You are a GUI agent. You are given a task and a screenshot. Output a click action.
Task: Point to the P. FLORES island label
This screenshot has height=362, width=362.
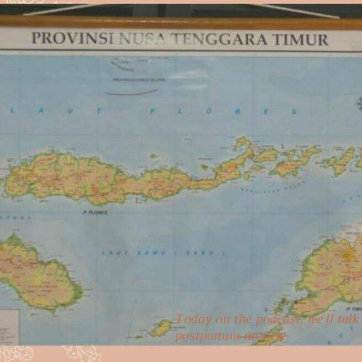click(95, 212)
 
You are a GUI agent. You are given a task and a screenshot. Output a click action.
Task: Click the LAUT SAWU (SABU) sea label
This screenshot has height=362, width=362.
click(163, 253)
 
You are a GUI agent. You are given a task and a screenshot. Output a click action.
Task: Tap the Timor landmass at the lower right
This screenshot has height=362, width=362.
click(331, 276)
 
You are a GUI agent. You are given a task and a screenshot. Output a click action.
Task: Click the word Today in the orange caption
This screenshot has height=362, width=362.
click(193, 319)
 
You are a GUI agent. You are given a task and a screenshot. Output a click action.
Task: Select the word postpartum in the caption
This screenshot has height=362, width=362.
click(206, 336)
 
